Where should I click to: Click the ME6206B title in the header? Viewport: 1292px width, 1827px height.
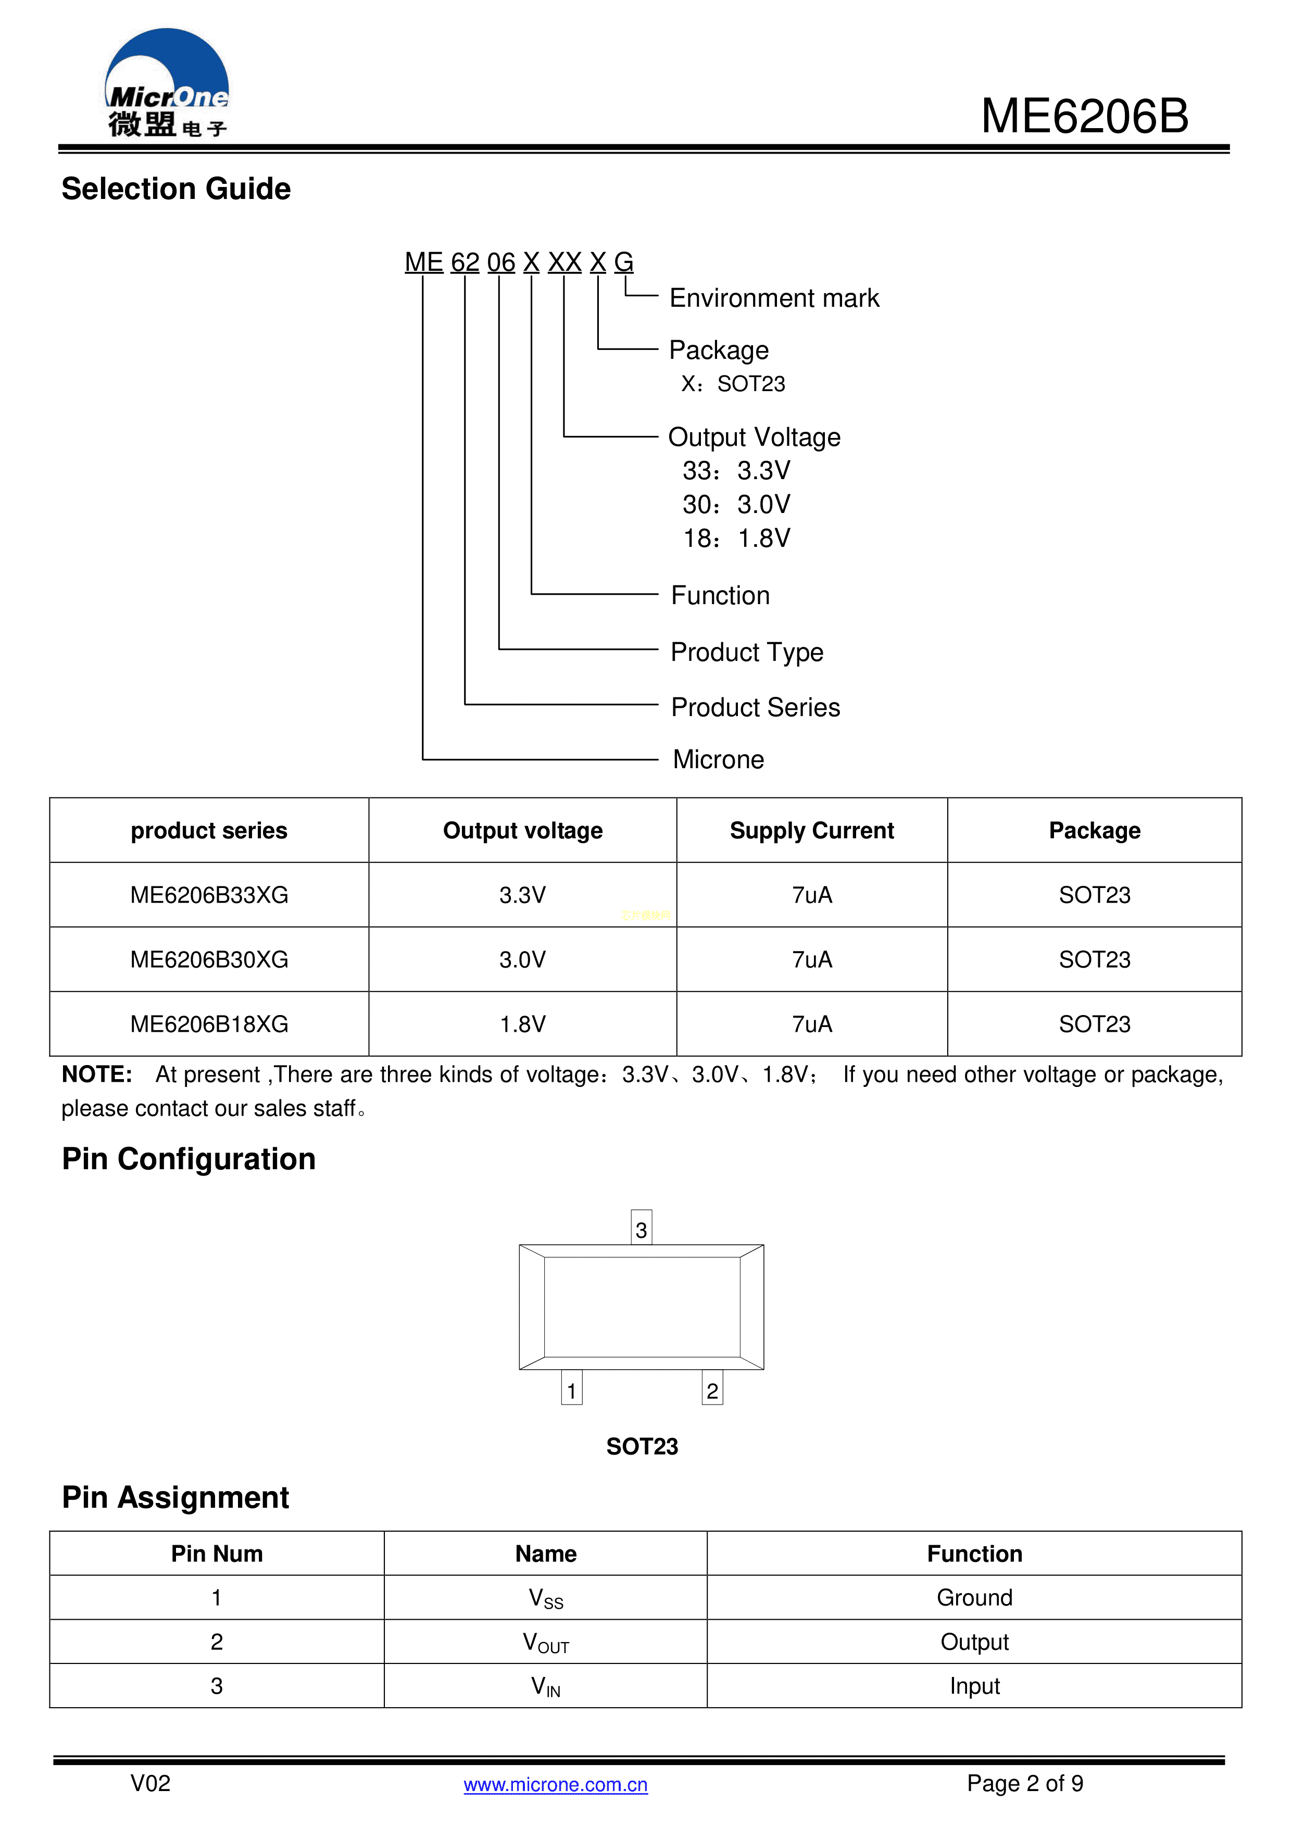1084,116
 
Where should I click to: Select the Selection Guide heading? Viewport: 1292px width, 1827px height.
176,190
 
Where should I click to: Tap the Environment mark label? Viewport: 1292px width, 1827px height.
773,298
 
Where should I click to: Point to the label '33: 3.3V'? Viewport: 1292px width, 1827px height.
736,471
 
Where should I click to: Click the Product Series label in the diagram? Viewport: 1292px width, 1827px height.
755,707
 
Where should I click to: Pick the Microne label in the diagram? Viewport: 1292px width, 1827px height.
718,760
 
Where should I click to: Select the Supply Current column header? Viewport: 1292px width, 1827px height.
811,831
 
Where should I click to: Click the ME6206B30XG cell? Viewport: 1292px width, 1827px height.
209,960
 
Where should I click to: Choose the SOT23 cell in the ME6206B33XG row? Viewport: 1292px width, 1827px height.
1094,895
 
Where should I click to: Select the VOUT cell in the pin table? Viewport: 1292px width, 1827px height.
546,1643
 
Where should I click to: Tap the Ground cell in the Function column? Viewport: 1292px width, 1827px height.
974,1598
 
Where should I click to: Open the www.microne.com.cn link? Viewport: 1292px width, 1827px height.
555,1785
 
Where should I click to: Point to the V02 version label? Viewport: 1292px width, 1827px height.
150,1784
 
